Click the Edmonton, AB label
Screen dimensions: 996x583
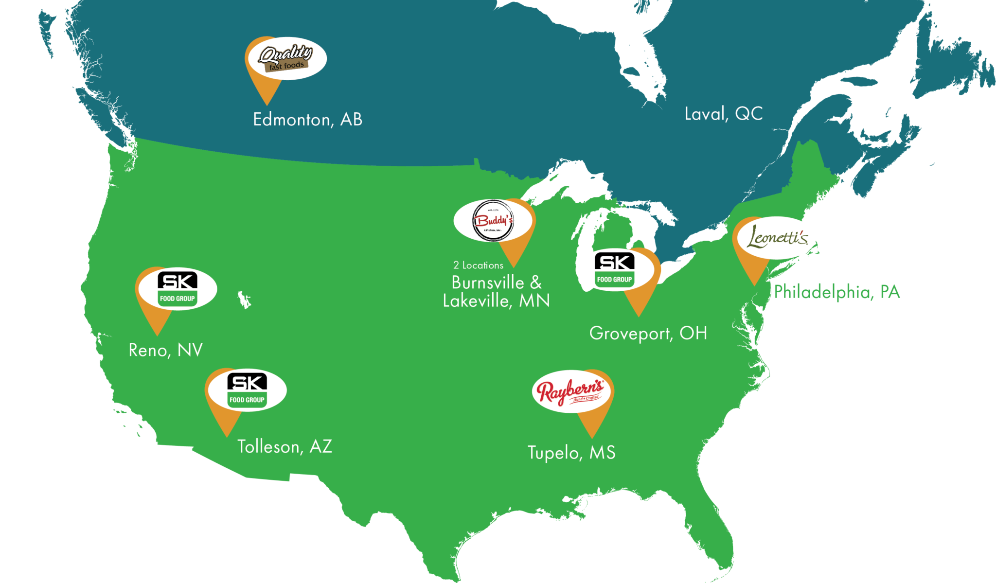click(x=307, y=120)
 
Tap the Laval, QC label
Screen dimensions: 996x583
click(x=723, y=114)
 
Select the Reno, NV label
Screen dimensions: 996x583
click(x=165, y=350)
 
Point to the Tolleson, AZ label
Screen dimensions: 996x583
click(x=285, y=446)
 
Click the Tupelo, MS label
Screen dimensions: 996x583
click(x=571, y=453)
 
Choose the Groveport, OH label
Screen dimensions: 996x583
click(x=648, y=334)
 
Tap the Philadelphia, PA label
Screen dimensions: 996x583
click(x=836, y=292)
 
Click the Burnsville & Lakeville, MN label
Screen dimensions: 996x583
click(x=496, y=292)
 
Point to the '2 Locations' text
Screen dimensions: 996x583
click(x=478, y=265)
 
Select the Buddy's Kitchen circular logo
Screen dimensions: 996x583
click(x=493, y=221)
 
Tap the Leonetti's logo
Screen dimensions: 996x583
click(x=776, y=238)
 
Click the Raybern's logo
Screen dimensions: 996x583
click(x=570, y=391)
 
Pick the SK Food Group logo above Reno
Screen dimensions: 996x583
click(x=178, y=288)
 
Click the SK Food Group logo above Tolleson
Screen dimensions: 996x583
click(x=247, y=390)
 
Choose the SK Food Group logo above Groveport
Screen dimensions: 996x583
click(x=615, y=269)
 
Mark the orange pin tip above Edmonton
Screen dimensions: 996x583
click(x=267, y=104)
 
